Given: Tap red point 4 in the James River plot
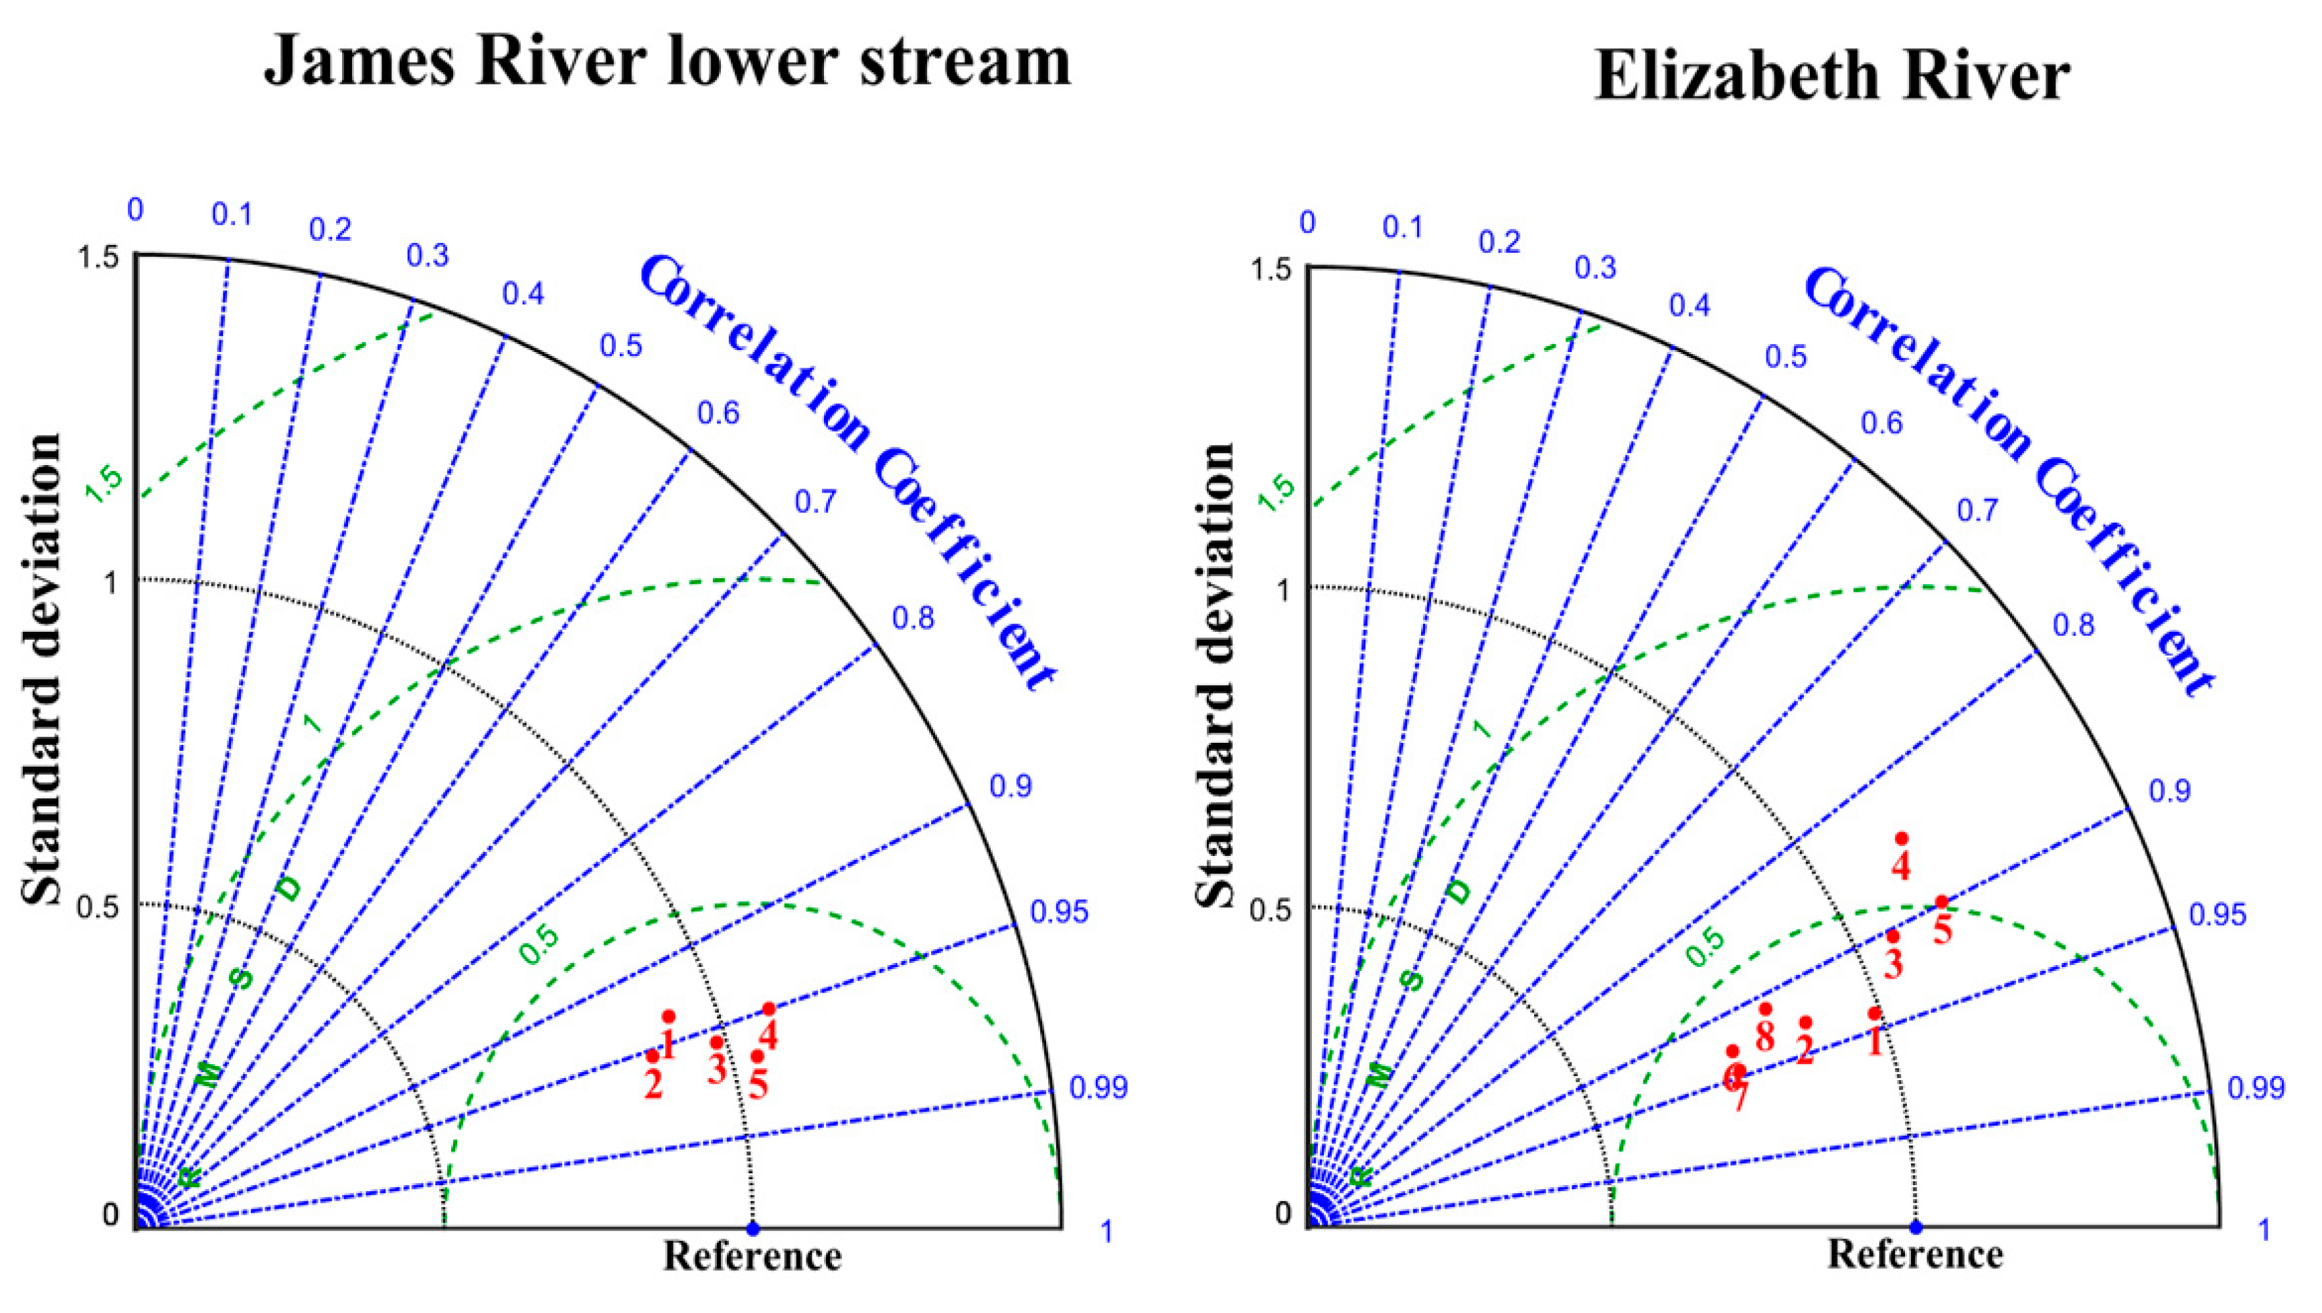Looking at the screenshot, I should coord(768,1009).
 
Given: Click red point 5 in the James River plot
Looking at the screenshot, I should coord(758,1056).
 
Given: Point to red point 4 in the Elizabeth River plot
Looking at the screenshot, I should coord(1902,839).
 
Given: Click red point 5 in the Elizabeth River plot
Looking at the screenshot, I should coord(1941,902).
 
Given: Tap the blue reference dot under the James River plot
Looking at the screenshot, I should coord(753,1228).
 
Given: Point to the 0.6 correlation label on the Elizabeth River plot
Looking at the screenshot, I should coord(1882,423).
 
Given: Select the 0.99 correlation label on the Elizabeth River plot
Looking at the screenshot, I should coord(2256,1088).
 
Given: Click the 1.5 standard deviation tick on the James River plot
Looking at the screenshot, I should coord(98,258).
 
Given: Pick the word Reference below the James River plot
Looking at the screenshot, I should coord(753,1257).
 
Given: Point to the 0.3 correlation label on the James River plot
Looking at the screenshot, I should coord(428,257).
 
